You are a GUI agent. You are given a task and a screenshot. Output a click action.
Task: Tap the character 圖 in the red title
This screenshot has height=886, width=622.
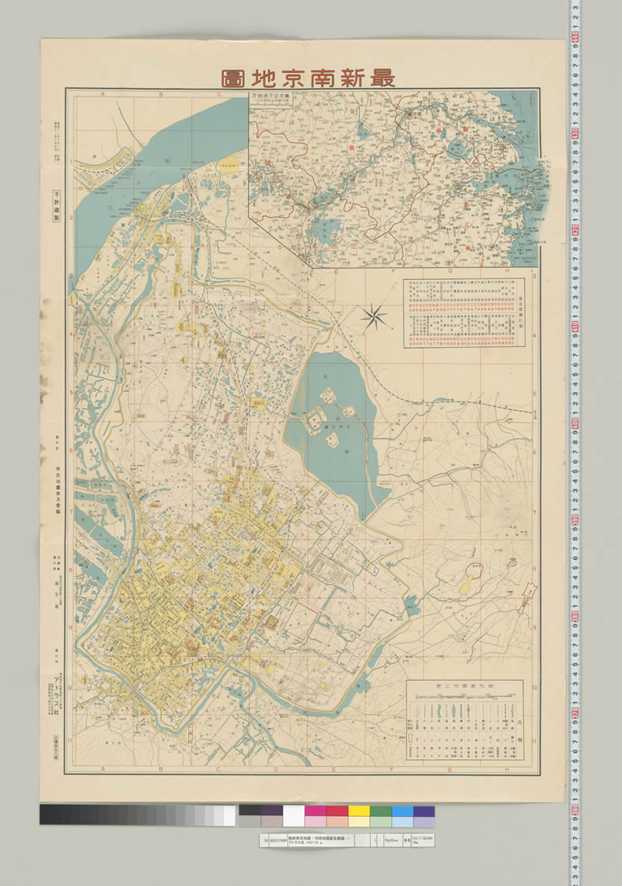pos(232,77)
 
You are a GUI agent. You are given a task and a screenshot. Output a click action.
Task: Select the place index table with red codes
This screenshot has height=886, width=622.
pos(462,313)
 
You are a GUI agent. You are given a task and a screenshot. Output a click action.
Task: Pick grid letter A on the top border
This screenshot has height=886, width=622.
pos(102,94)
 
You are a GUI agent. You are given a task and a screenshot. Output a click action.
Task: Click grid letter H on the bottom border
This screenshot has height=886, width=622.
pos(507,770)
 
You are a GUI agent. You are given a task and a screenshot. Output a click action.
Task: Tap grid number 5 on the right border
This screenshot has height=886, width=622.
pos(535,392)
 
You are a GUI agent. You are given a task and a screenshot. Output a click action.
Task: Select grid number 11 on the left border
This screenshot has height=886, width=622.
pos(69,741)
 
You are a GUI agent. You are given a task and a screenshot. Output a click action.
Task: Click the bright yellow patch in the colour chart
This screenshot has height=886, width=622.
pos(358,811)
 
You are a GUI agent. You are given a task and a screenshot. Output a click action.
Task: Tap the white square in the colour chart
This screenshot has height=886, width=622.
pos(293,815)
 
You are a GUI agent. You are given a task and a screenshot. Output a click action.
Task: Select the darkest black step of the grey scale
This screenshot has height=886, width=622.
pos(47,814)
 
